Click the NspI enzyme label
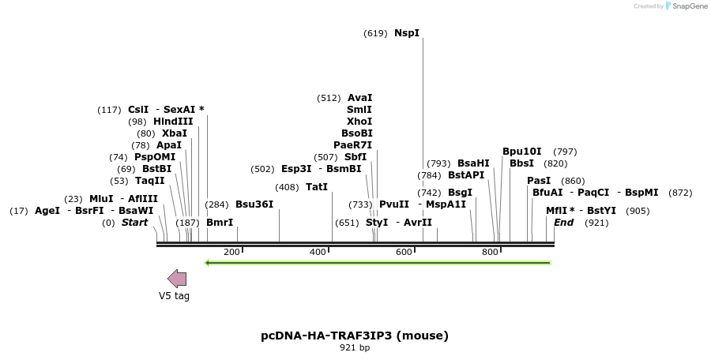407,33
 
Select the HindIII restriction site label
173,122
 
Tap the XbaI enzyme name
175,133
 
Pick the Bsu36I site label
254,204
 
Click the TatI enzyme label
317,187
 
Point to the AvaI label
359,98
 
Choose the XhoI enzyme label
359,122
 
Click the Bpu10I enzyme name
522,152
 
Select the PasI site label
539,181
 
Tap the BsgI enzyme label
461,193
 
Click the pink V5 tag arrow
177,278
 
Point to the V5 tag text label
174,296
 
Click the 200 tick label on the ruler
231,252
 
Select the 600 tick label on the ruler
404,252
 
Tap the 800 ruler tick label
490,252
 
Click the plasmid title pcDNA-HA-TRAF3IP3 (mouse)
355,335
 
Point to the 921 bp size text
355,347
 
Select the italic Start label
134,223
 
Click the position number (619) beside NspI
375,33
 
